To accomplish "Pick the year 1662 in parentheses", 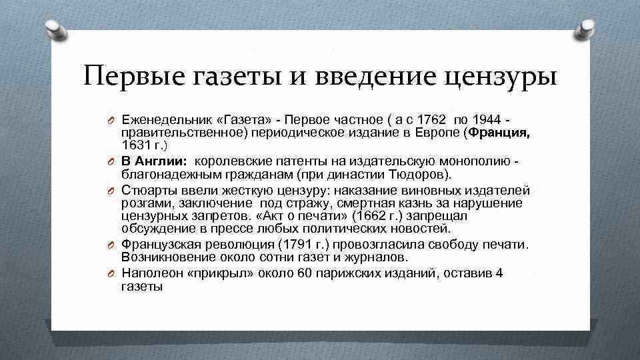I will point(371,215).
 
